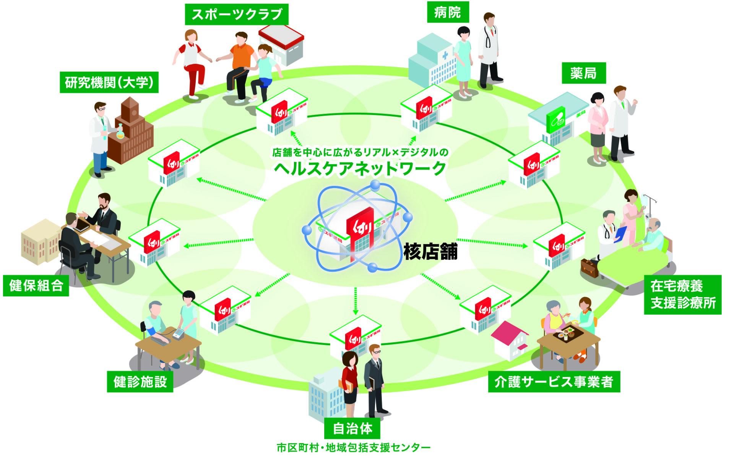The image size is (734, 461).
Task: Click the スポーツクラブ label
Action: pos(237,15)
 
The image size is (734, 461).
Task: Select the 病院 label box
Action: pos(448,13)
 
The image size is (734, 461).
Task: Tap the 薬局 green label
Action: pos(583,73)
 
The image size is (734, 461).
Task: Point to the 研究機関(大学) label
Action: pos(109,82)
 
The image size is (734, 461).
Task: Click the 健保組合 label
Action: pos(36,286)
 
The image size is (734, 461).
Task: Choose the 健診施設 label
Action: pos(140,382)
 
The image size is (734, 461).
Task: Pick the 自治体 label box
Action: pos(352,429)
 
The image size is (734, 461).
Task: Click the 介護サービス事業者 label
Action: pos(554,382)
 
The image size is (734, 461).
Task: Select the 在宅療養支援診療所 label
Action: pos(682,294)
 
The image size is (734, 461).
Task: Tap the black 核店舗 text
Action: pos(430,252)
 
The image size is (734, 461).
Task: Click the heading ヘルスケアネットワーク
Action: pos(360,168)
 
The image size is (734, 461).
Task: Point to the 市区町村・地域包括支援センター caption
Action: pos(353,447)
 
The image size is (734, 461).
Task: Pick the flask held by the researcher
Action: pos(120,132)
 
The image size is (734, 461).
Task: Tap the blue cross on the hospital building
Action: pos(445,56)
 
